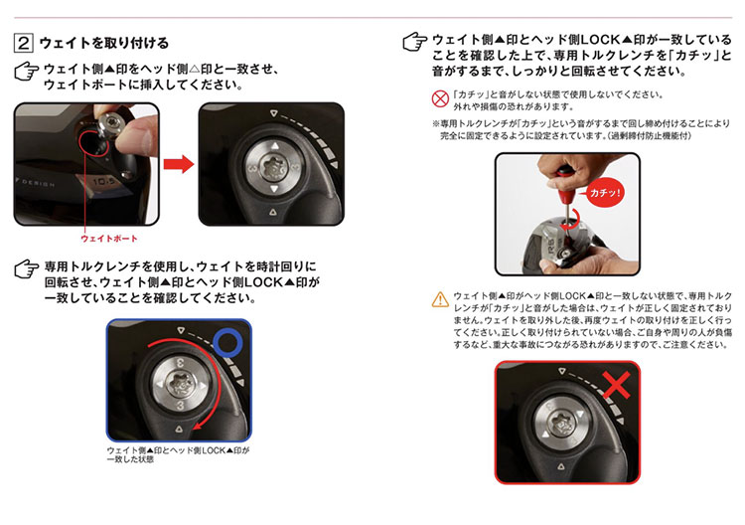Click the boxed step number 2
tap(23, 44)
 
